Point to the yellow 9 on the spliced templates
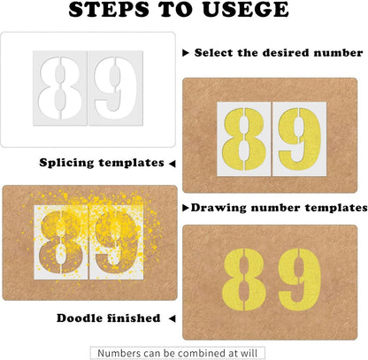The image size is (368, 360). pyautogui.click(x=301, y=137)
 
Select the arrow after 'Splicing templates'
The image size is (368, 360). pyautogui.click(x=172, y=163)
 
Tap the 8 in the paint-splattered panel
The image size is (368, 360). pyautogui.click(x=63, y=240)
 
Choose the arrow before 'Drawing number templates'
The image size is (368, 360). pyautogui.click(x=185, y=208)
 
